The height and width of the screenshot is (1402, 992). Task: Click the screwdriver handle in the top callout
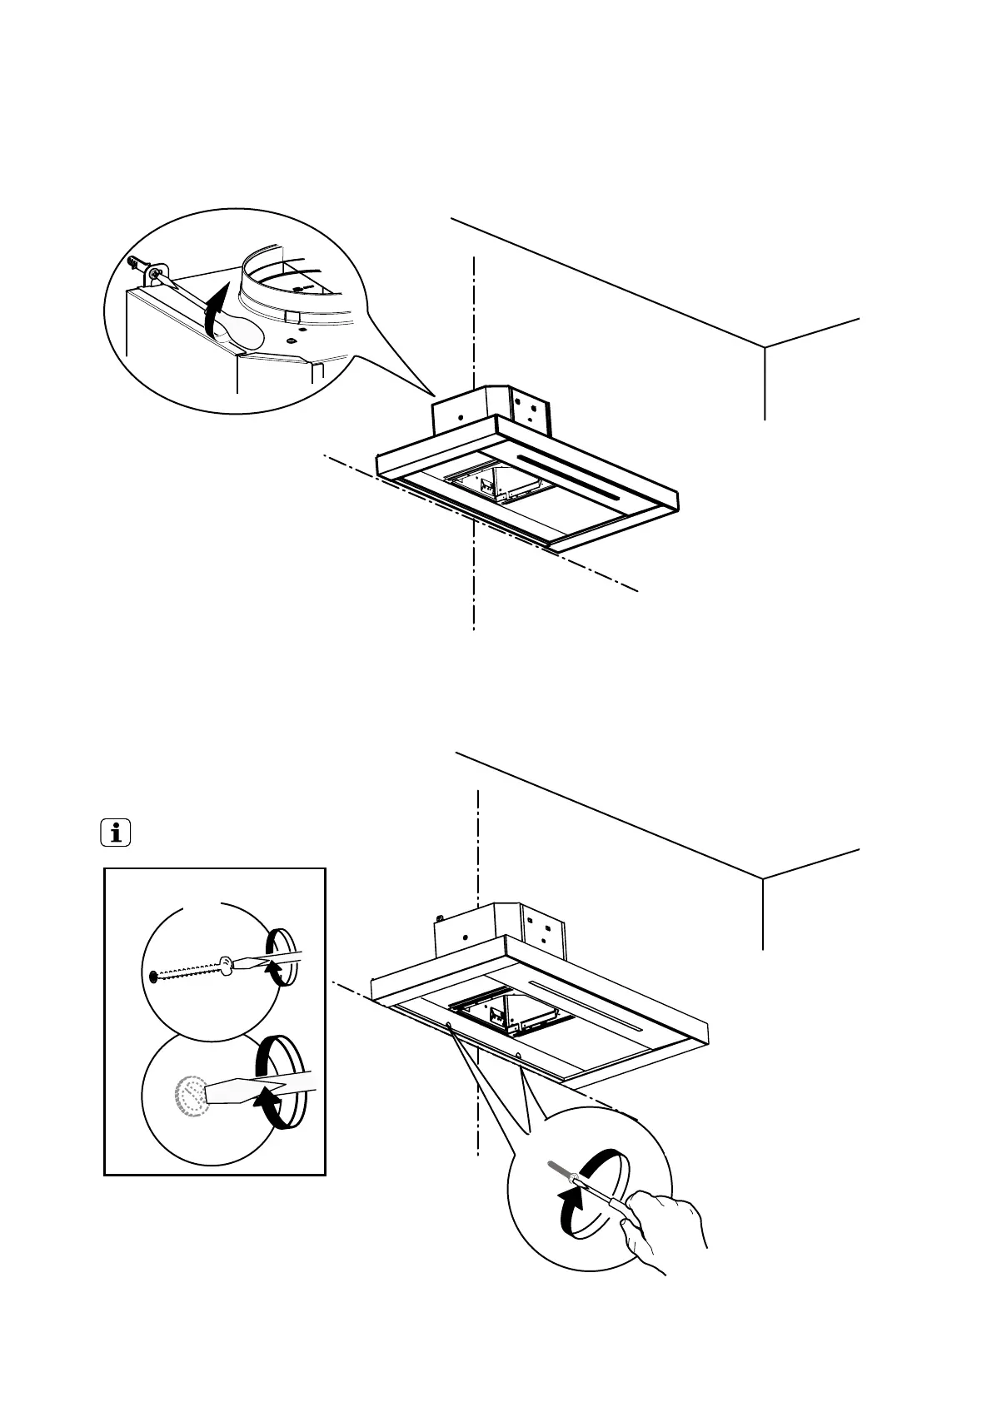point(242,332)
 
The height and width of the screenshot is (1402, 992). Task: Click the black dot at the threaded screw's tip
point(152,977)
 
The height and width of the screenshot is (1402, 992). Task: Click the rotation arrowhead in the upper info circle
point(272,967)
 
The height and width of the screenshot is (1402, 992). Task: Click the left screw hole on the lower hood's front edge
point(449,1025)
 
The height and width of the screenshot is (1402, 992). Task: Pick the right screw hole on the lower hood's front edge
point(519,1056)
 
